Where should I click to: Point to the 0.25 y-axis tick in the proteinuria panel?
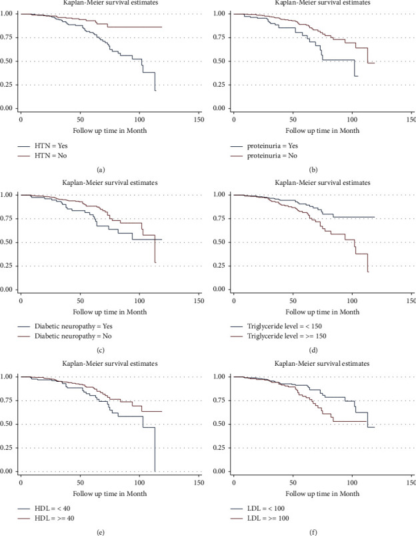tap(222, 85)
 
